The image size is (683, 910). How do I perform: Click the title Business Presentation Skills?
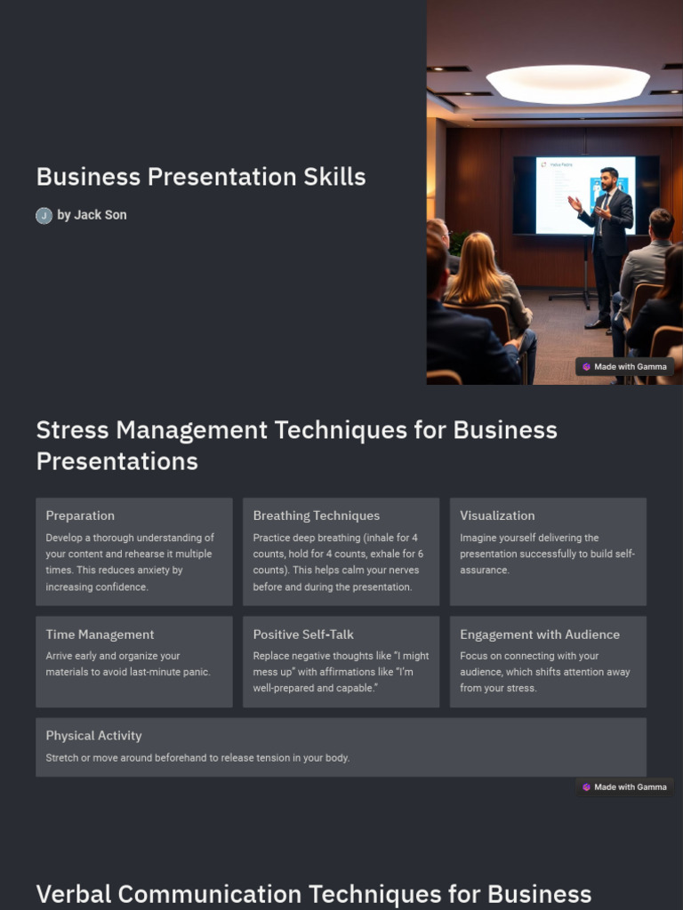(x=201, y=177)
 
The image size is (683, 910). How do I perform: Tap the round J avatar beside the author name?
(x=44, y=216)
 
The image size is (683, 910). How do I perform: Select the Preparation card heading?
(x=80, y=515)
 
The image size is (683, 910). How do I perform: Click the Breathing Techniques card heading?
(x=316, y=515)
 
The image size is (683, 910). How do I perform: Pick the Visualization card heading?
(x=497, y=515)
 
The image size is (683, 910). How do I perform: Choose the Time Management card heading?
(x=100, y=635)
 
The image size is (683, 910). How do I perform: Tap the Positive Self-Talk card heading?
(x=303, y=635)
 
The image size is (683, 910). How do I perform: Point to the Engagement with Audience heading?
(x=540, y=635)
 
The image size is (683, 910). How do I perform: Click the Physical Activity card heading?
(x=93, y=736)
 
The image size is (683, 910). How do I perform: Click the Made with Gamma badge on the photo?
(x=625, y=366)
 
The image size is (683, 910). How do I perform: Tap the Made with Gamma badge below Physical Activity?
(x=625, y=786)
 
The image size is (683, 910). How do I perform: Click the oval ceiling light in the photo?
(x=567, y=84)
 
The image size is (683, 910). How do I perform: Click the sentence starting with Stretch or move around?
(x=197, y=758)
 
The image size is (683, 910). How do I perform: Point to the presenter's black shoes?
(x=597, y=323)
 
